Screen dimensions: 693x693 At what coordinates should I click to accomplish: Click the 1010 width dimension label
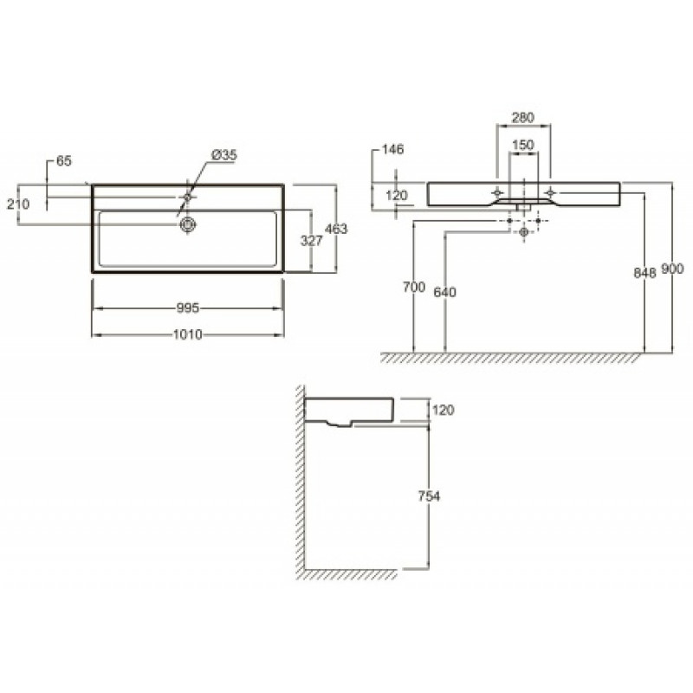(187, 334)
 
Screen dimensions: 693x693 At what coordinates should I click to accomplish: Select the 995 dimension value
(188, 308)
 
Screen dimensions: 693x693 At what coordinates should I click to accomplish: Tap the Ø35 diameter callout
(224, 155)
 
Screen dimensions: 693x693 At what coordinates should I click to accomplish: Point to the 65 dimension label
(63, 161)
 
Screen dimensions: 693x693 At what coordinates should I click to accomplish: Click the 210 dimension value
(18, 204)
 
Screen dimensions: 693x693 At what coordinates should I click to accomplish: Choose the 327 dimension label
(312, 241)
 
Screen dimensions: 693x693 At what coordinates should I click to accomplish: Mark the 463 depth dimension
(336, 229)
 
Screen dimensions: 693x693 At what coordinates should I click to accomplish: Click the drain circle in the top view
(188, 224)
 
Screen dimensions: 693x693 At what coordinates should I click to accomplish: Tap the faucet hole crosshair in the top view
(188, 197)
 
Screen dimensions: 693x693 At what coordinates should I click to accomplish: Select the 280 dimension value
(523, 118)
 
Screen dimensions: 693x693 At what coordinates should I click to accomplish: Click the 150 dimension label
(523, 145)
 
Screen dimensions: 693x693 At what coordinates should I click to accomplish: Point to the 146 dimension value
(392, 149)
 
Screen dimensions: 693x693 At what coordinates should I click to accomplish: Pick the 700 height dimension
(414, 287)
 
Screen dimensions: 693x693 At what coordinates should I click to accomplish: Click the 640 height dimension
(445, 292)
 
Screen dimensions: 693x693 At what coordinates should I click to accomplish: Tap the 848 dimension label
(644, 273)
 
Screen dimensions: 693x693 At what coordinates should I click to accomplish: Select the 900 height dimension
(672, 269)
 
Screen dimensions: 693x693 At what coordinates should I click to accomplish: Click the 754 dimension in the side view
(429, 496)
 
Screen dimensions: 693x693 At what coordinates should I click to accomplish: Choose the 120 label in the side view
(444, 410)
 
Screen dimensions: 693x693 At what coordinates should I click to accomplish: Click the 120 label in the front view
(397, 195)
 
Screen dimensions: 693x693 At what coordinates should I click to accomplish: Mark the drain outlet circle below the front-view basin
(524, 231)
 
